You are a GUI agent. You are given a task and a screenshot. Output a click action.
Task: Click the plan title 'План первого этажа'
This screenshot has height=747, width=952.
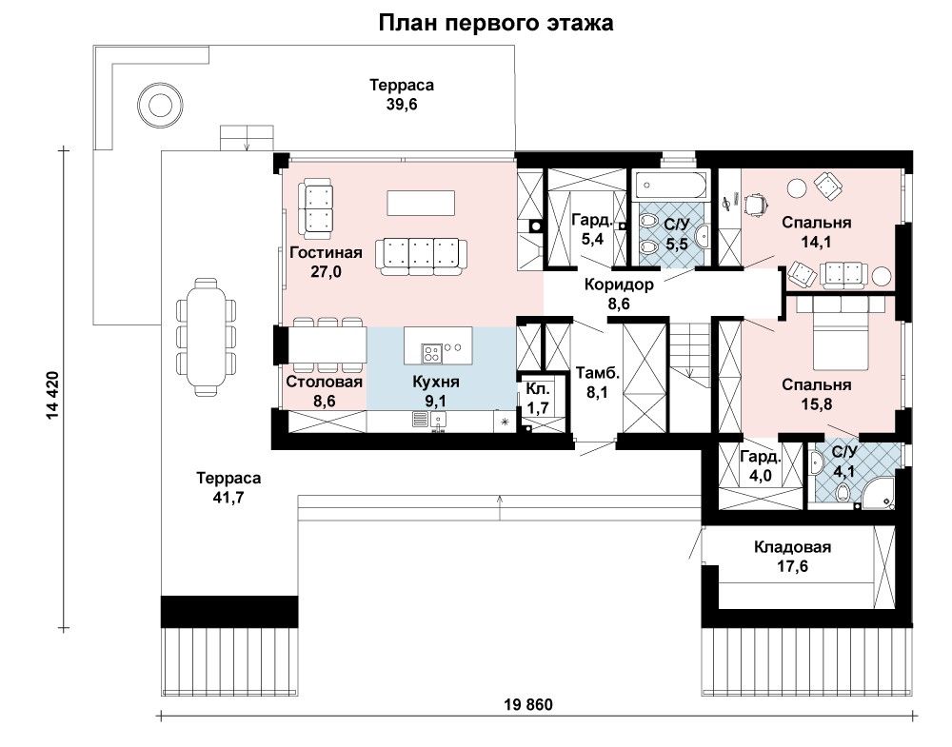click(495, 23)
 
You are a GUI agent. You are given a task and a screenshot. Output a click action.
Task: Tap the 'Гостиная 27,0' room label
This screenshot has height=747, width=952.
click(326, 262)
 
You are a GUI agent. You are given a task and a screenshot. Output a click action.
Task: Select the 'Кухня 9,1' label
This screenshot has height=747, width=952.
click(436, 391)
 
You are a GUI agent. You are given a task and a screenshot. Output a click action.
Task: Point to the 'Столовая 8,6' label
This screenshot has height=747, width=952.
click(325, 391)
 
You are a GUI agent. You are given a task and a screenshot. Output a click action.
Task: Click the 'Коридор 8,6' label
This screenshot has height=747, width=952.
click(620, 294)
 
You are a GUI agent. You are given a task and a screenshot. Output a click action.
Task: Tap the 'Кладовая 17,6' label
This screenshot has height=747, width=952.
click(792, 557)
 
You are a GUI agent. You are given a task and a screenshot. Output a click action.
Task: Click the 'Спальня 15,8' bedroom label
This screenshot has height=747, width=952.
click(817, 395)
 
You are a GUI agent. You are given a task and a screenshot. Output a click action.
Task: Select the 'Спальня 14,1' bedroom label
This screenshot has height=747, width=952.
click(817, 232)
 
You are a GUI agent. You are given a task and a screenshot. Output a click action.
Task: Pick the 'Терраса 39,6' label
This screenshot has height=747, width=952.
click(402, 94)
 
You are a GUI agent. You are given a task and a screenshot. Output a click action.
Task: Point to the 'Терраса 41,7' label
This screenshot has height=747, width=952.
click(228, 488)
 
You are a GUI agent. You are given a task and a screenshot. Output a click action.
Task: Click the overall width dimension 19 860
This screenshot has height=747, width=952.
click(528, 704)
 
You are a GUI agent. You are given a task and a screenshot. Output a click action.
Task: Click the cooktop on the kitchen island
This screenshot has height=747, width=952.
click(432, 352)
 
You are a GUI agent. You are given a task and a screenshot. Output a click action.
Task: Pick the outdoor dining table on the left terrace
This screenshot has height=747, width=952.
click(206, 337)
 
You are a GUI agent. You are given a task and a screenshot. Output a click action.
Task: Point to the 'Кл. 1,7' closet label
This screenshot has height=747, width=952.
click(538, 398)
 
